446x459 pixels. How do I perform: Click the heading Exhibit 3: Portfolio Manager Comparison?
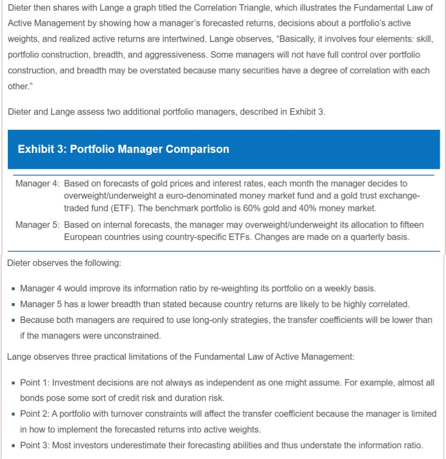coord(123,149)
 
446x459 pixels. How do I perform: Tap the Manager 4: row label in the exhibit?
coord(38,184)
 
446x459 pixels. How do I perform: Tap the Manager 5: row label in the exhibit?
coord(38,225)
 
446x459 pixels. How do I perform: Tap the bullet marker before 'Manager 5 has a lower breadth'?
coord(14,305)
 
